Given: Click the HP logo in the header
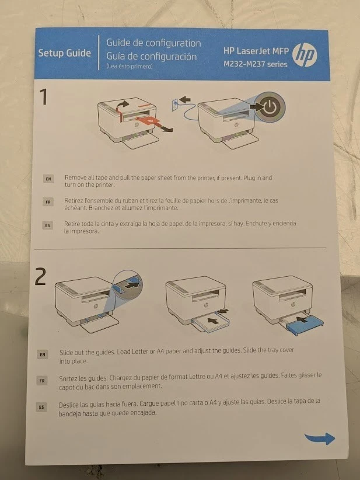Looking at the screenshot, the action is [305, 55].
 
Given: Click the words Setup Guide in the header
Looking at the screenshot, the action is [65, 53].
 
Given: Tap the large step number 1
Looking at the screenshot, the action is [44, 97].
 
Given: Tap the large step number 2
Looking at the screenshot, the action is [40, 276].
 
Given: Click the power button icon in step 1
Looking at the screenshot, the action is [270, 107].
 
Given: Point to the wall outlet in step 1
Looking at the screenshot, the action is [175, 105].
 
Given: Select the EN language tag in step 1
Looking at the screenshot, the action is [48, 179].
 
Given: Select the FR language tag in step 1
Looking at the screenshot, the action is [48, 202].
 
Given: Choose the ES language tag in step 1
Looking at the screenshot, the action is [47, 225].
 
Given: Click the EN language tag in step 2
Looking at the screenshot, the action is [42, 355].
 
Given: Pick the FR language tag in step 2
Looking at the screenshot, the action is [42, 381].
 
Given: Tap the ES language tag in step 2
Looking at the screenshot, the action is [41, 408].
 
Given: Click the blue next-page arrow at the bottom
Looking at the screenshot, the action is [320, 439].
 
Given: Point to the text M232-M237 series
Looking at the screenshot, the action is [256, 64].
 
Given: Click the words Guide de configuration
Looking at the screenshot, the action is [153, 43].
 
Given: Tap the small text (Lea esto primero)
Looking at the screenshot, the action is [129, 66].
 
